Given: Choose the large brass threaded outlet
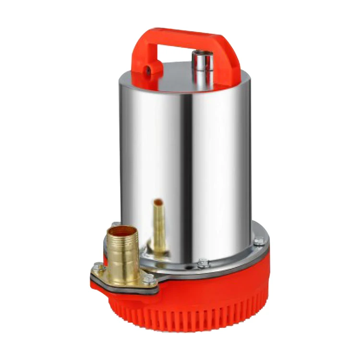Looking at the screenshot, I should pos(122,254).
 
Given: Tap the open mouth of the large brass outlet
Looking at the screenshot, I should pos(122,233).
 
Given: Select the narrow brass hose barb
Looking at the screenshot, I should pos(158,226).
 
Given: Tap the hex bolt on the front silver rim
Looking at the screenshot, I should pos(203,263).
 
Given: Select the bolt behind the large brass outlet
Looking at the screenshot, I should pos(115,225).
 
